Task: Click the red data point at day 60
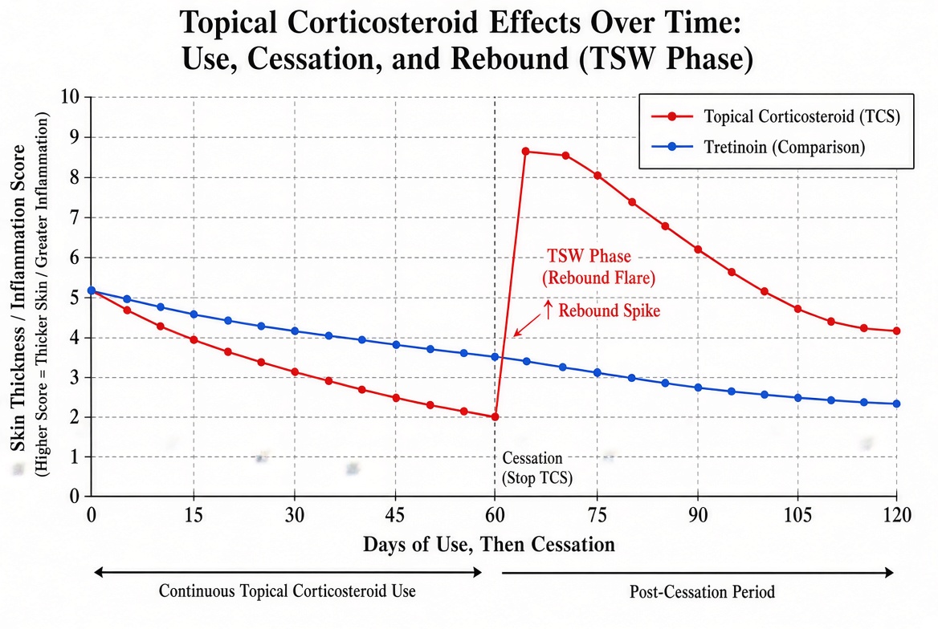pyautogui.click(x=495, y=416)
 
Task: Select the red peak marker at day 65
pyautogui.click(x=526, y=152)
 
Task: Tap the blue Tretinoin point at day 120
pyautogui.click(x=897, y=404)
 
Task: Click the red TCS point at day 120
pyautogui.click(x=897, y=331)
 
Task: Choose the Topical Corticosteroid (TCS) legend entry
pyautogui.click(x=776, y=116)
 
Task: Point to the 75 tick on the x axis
pyautogui.click(x=597, y=515)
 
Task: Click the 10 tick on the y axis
pyautogui.click(x=70, y=96)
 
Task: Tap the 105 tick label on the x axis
pyautogui.click(x=798, y=515)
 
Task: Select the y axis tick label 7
pyautogui.click(x=75, y=217)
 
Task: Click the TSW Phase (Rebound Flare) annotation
pyautogui.click(x=598, y=266)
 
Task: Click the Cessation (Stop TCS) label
pyautogui.click(x=536, y=468)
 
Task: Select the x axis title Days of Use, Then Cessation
pyautogui.click(x=489, y=544)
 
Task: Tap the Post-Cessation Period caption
pyautogui.click(x=702, y=592)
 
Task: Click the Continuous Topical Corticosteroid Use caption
pyautogui.click(x=288, y=591)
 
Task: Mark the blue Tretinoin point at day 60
pyautogui.click(x=495, y=357)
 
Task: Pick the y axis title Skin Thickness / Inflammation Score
pyautogui.click(x=18, y=298)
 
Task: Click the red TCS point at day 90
pyautogui.click(x=698, y=250)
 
